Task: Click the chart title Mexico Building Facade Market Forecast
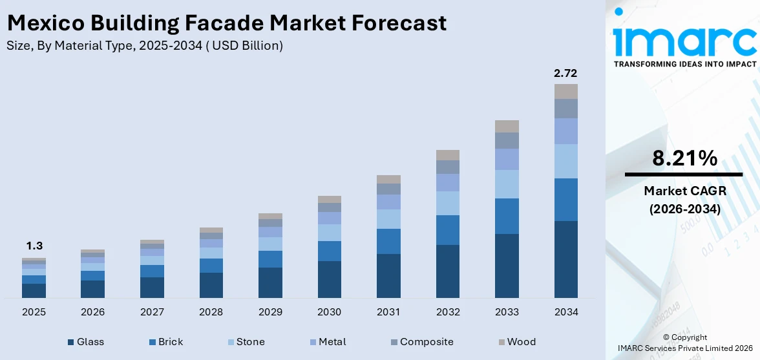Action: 226,23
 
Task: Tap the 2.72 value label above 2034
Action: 565,73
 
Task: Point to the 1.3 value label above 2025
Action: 34,246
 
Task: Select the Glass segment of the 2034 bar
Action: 565,259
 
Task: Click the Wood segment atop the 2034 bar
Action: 565,91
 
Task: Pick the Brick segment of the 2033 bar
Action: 507,216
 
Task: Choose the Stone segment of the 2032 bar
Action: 447,203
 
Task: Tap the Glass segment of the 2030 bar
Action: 329,279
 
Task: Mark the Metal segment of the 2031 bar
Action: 388,202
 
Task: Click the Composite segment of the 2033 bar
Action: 507,140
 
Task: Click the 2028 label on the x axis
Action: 211,312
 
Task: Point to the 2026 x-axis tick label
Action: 92,312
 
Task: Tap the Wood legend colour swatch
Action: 501,342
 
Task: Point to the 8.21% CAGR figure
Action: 684,158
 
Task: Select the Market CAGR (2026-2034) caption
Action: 684,200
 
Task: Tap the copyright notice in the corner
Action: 684,343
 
